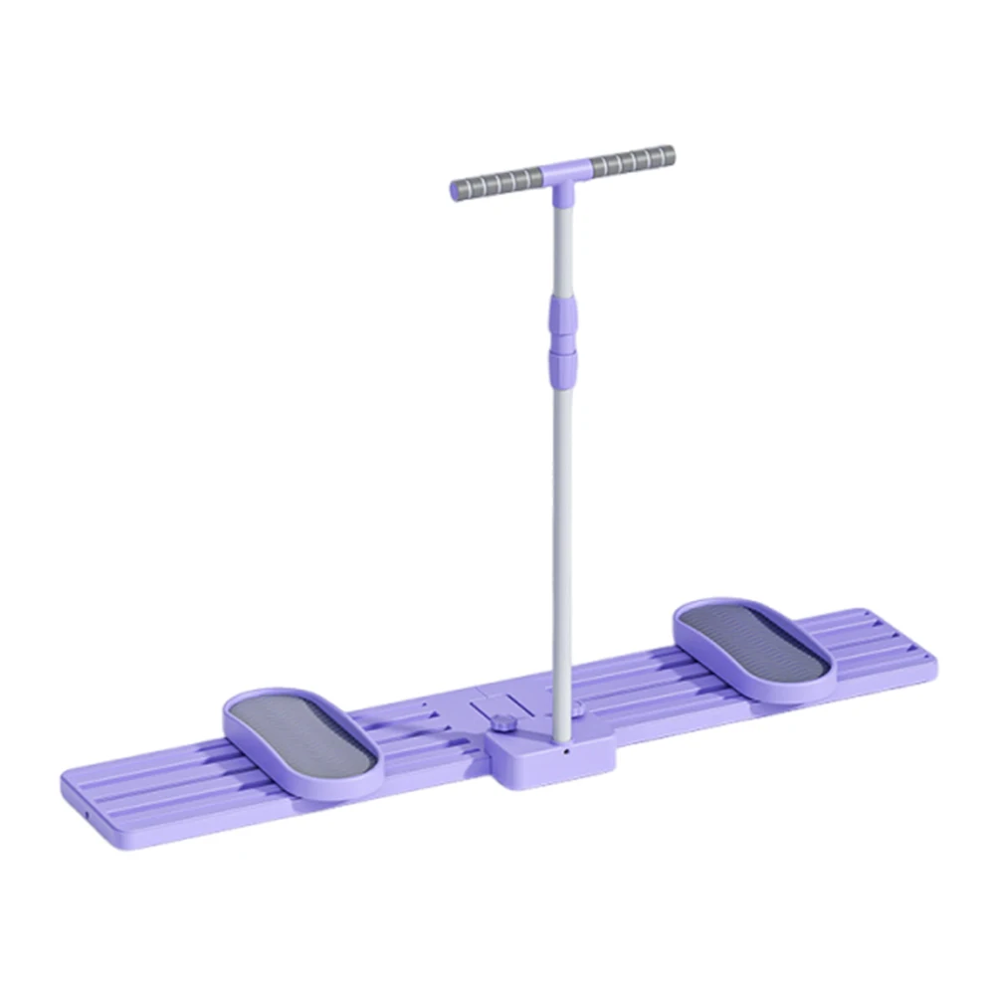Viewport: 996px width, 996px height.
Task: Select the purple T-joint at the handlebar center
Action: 562,172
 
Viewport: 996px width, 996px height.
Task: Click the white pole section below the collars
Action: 563,547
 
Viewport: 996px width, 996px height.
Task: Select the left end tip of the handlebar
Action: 455,190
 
